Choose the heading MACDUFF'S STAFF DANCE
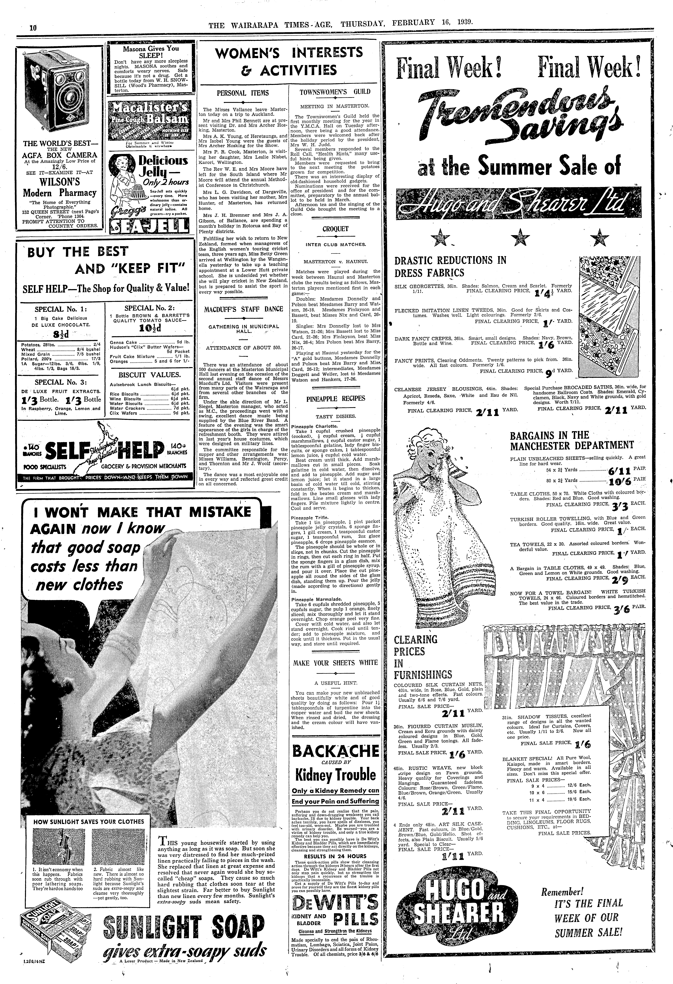243,309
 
